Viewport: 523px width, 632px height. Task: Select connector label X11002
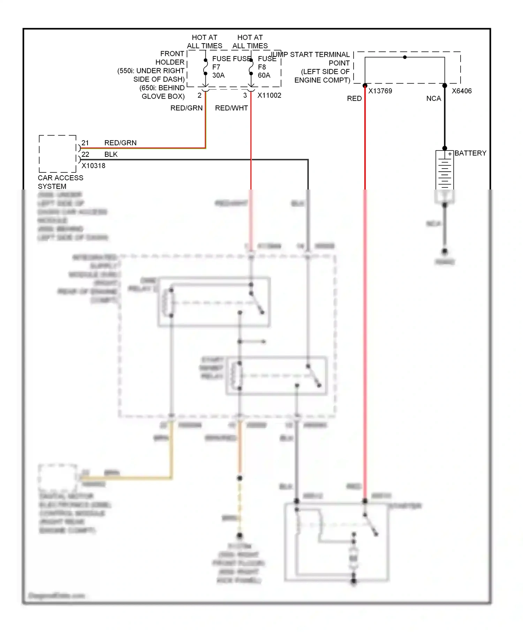[x=269, y=95]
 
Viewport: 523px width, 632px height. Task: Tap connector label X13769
[x=380, y=91]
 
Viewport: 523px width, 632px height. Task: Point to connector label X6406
[x=462, y=91]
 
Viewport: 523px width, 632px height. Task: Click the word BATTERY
[x=470, y=153]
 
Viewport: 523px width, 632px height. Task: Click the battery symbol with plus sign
[x=445, y=170]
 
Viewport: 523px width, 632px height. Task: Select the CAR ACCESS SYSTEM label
[x=60, y=182]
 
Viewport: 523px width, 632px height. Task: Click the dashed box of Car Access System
[x=58, y=154]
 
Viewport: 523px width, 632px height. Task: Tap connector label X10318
[x=93, y=166]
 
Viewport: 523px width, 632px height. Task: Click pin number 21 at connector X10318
[x=85, y=143]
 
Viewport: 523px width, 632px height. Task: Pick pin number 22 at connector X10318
[x=85, y=154]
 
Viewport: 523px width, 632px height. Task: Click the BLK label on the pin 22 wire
[x=111, y=154]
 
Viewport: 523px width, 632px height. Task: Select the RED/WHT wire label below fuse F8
[x=231, y=108]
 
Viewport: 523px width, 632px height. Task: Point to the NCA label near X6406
[x=433, y=99]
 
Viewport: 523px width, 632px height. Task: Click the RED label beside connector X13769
[x=354, y=99]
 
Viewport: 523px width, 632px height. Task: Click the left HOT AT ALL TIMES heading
[x=204, y=41]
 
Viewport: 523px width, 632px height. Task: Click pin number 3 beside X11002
[x=245, y=95]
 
